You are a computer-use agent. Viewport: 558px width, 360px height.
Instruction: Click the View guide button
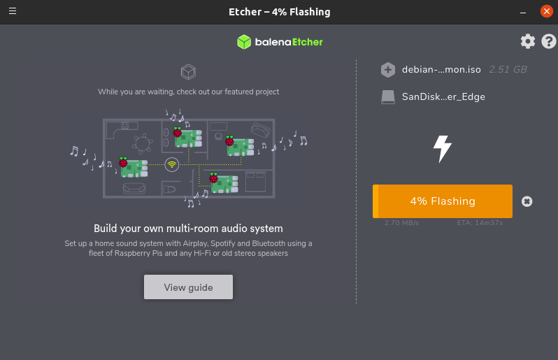coord(188,287)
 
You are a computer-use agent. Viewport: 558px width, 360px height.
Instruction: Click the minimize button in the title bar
coord(523,12)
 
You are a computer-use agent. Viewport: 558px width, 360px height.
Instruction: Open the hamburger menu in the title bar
coord(13,11)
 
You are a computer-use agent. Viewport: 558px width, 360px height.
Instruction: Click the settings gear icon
coord(528,41)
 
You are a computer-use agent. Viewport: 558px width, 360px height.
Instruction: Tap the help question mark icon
coord(549,41)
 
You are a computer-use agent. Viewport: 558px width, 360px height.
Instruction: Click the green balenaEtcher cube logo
coord(243,42)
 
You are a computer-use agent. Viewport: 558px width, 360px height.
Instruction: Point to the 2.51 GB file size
coord(508,69)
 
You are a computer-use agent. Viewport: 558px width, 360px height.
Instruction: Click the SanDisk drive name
coord(443,96)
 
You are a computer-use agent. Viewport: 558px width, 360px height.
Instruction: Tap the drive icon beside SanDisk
coord(388,97)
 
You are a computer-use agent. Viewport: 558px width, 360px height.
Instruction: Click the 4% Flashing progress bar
coord(443,201)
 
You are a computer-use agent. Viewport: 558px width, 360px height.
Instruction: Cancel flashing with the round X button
coord(527,201)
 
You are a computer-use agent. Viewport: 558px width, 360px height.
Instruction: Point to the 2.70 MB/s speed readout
coord(401,223)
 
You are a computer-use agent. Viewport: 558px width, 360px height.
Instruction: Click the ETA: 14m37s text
coord(480,223)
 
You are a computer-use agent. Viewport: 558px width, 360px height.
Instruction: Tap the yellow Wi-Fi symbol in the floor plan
coord(171,164)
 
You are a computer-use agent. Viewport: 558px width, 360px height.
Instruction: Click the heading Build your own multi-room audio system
coord(188,229)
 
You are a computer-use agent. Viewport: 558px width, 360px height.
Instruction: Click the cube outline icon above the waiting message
coord(187,71)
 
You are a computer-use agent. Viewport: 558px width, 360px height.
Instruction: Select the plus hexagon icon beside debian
coord(388,70)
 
